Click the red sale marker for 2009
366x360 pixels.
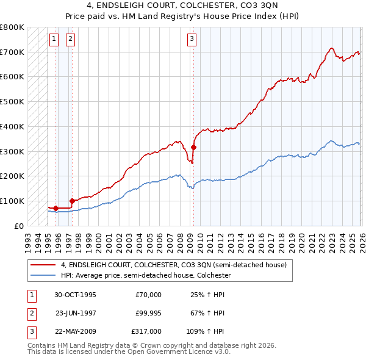194,147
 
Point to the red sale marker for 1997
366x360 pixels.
72,200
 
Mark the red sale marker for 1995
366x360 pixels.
56,208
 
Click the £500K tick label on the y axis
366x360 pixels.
12,102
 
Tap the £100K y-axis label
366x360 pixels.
12,201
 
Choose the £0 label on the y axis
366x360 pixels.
18,226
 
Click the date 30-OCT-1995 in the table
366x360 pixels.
75,295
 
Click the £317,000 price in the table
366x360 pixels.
146,331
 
